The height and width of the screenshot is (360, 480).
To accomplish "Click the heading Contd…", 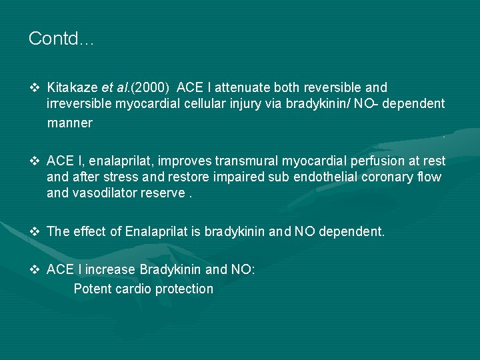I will click(61, 39).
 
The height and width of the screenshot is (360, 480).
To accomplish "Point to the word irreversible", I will click(79, 105).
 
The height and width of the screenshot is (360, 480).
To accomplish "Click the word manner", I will click(69, 123).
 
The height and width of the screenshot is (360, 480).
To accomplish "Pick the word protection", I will click(184, 289).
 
